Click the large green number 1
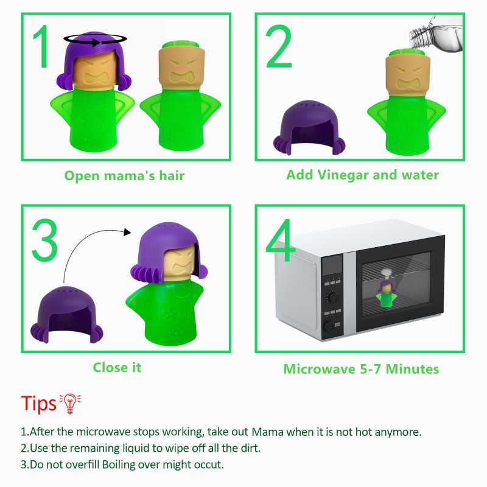[x=41, y=47]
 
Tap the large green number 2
[x=279, y=47]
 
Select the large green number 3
[x=44, y=240]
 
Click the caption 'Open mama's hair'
[x=124, y=176]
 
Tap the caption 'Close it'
[x=117, y=368]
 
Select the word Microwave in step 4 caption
[x=320, y=370]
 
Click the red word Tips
[x=38, y=404]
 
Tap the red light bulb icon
[x=70, y=404]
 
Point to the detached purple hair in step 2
[x=309, y=127]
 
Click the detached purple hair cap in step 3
[x=67, y=314]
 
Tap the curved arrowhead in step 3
[x=127, y=232]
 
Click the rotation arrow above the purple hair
[x=96, y=40]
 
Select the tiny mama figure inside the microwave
[x=386, y=292]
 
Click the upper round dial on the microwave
[x=333, y=297]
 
